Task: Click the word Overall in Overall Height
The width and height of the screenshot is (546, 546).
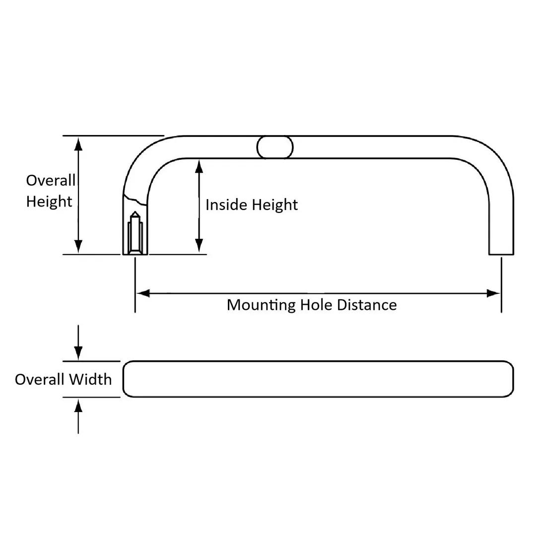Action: click(51, 180)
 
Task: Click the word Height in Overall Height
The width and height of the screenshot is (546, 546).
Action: click(49, 202)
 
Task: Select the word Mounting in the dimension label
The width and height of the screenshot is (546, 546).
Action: click(261, 305)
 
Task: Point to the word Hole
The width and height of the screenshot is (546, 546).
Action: click(316, 305)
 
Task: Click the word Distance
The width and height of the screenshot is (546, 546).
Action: click(367, 305)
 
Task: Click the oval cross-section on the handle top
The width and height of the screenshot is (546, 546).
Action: click(275, 147)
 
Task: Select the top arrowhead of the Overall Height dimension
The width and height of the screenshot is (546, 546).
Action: click(78, 143)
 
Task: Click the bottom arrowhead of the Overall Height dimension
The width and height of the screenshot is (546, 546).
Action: click(78, 247)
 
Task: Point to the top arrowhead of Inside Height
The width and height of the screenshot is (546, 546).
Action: click(199, 166)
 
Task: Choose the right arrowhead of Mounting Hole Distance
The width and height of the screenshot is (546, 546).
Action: click(493, 293)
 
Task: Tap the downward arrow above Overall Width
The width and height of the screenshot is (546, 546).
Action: click(78, 353)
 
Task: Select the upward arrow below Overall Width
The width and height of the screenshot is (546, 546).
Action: click(78, 406)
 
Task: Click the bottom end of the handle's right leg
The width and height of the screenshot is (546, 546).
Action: click(501, 254)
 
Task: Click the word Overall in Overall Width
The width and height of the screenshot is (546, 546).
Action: click(40, 380)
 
